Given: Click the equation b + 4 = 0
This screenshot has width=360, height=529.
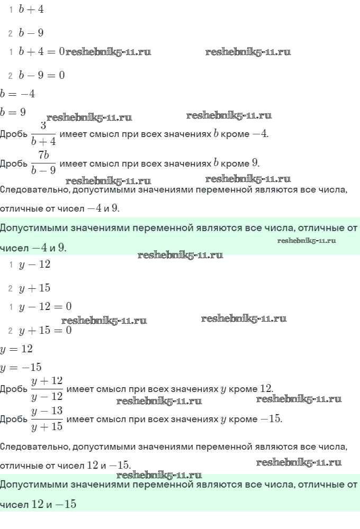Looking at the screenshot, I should pyautogui.click(x=41, y=52).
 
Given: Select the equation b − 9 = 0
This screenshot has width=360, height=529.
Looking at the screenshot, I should pyautogui.click(x=41, y=76).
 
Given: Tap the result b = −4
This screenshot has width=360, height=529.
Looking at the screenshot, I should pyautogui.click(x=17, y=94).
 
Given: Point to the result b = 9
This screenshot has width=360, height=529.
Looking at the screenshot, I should pyautogui.click(x=13, y=112).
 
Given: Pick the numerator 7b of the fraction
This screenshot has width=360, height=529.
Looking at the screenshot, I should pyautogui.click(x=43, y=154).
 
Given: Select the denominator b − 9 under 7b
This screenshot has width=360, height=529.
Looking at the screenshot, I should pyautogui.click(x=43, y=170).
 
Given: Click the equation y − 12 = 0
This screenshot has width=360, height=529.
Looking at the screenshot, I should pyautogui.click(x=45, y=307).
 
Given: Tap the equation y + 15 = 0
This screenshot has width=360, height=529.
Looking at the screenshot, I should pyautogui.click(x=45, y=331).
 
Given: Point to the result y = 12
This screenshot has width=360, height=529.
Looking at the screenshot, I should pyautogui.click(x=16, y=349).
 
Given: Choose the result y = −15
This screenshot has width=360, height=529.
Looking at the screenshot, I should pyautogui.click(x=21, y=367).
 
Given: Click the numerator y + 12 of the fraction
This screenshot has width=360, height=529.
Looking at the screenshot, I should pyautogui.click(x=47, y=381).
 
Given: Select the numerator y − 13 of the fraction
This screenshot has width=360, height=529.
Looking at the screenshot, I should pyautogui.click(x=47, y=411).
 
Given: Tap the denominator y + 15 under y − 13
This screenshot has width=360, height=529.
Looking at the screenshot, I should pyautogui.click(x=47, y=426).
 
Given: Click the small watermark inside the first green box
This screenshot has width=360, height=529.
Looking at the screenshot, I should pyautogui.click(x=307, y=241).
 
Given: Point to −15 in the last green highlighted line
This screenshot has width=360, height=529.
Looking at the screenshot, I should pyautogui.click(x=66, y=504).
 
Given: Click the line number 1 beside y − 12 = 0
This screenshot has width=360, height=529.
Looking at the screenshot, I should pyautogui.click(x=11, y=307).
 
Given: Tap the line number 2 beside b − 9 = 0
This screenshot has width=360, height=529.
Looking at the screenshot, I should pyautogui.click(x=11, y=76).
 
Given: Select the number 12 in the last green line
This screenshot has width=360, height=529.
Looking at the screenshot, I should pyautogui.click(x=37, y=504).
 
